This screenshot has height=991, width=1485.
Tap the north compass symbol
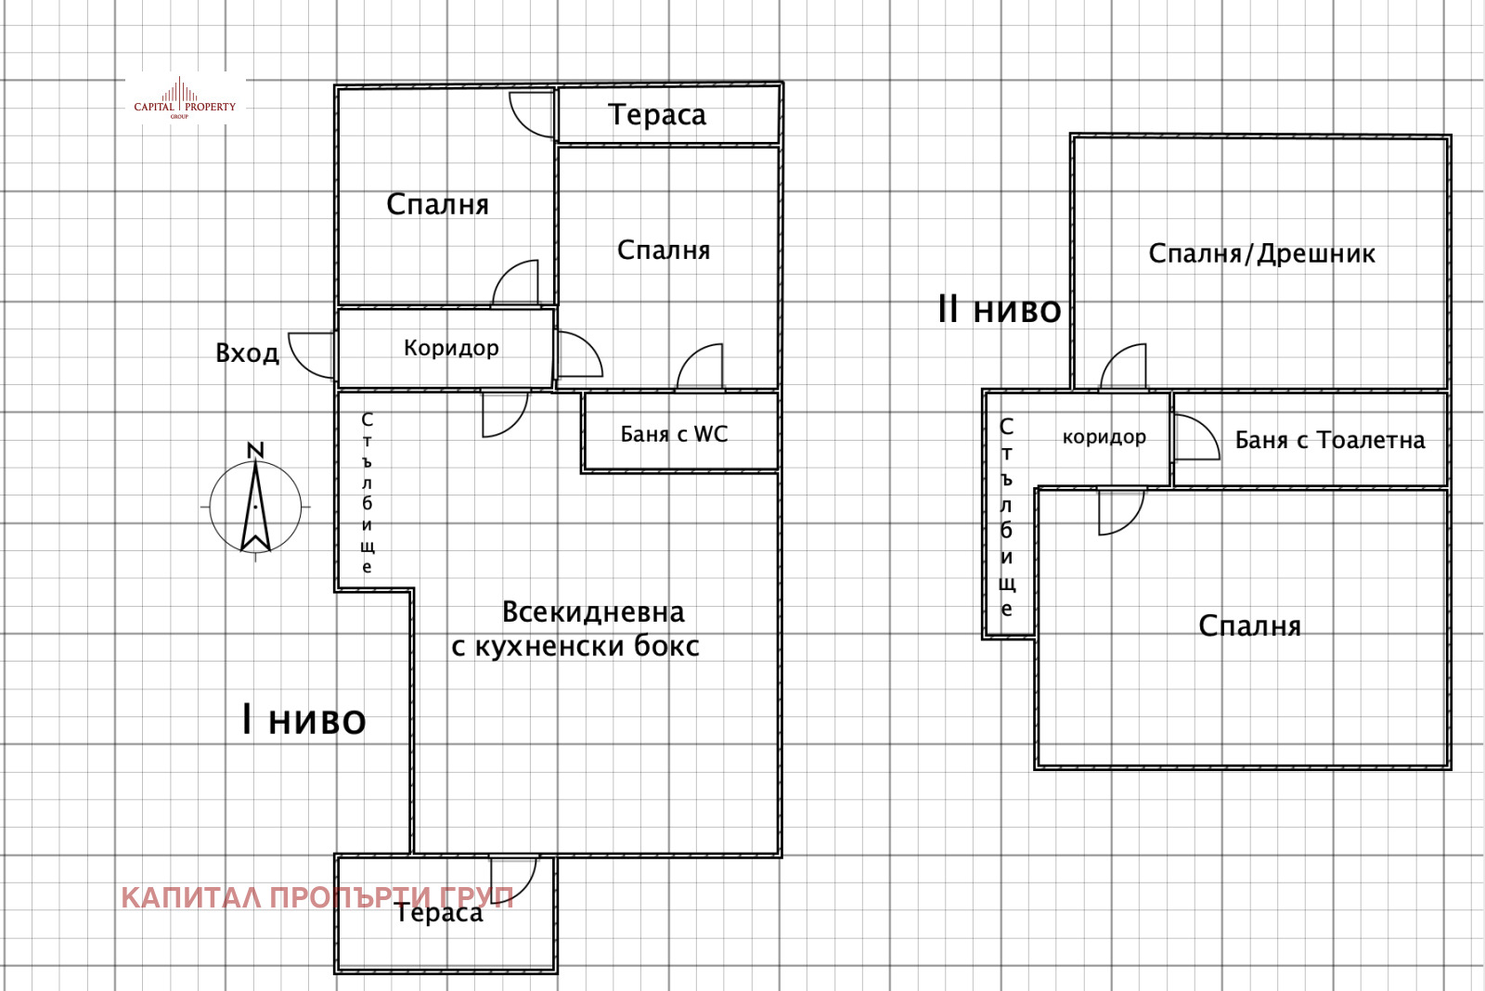pyautogui.click(x=255, y=506)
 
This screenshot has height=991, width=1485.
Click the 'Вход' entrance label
pyautogui.click(x=247, y=354)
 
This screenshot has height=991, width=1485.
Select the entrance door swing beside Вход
pyautogui.click(x=312, y=354)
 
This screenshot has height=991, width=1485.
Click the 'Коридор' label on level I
pyautogui.click(x=451, y=348)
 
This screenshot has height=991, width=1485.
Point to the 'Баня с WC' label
pyautogui.click(x=674, y=434)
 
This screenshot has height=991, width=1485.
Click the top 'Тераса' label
pyautogui.click(x=657, y=115)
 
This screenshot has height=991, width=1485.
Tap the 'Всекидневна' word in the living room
pyautogui.click(x=593, y=612)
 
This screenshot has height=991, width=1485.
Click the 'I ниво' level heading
pyautogui.click(x=303, y=720)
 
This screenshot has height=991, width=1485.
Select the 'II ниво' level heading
pyautogui.click(x=999, y=309)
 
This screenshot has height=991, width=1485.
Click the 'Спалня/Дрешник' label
pyautogui.click(x=1261, y=254)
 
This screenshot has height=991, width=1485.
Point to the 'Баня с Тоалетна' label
pyautogui.click(x=1329, y=441)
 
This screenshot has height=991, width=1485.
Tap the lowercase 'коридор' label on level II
pyautogui.click(x=1104, y=437)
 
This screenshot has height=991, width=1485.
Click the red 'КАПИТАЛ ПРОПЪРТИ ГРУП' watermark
pyautogui.click(x=316, y=897)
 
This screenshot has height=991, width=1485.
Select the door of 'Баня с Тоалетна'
pyautogui.click(x=1195, y=437)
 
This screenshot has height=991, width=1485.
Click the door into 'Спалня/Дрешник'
pyautogui.click(x=1124, y=367)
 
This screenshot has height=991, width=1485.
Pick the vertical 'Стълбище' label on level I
pyautogui.click(x=368, y=493)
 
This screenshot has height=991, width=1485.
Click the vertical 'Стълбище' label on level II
pyautogui.click(x=1007, y=518)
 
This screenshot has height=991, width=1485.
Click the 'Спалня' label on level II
pyautogui.click(x=1249, y=626)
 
